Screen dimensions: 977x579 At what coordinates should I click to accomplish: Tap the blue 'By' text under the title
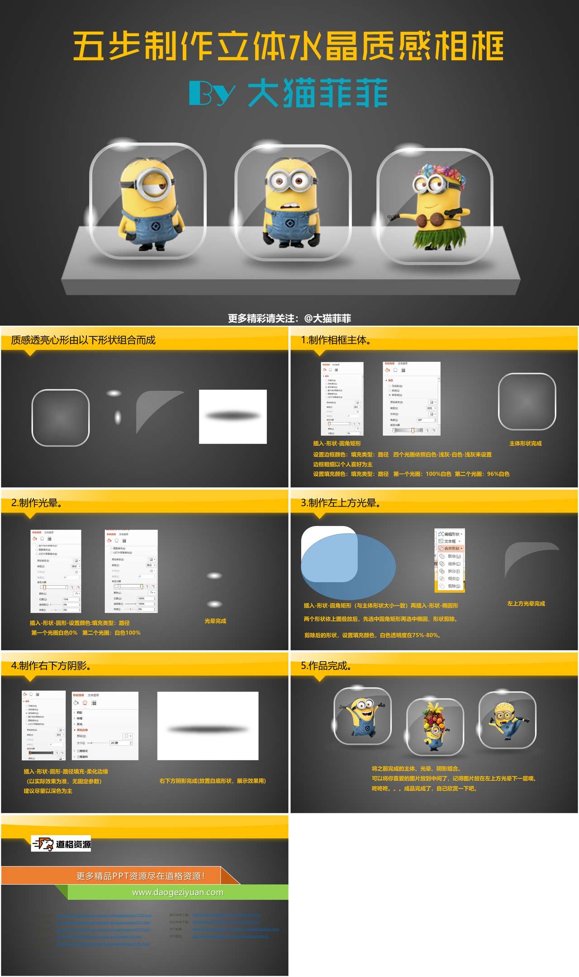point(212,93)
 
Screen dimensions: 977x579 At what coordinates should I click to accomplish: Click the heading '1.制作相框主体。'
point(337,340)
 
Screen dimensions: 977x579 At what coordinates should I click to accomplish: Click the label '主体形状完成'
point(525,443)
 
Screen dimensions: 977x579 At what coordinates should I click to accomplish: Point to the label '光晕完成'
point(215,621)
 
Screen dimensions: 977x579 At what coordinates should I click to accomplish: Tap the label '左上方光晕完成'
point(526,603)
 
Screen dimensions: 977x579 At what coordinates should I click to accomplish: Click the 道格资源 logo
point(61,844)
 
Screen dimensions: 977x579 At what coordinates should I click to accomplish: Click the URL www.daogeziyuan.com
point(178,892)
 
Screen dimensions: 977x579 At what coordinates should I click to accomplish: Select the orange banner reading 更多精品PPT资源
point(140,876)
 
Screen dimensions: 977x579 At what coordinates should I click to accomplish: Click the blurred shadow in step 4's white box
point(208,729)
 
